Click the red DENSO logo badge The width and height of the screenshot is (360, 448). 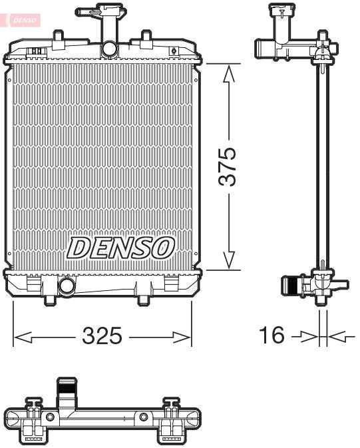[x=24, y=21]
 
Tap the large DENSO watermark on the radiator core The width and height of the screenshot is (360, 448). [x=120, y=248]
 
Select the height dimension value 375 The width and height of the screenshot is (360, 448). [x=228, y=167]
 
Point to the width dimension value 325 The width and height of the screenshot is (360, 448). [x=102, y=337]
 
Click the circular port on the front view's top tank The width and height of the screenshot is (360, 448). [x=108, y=49]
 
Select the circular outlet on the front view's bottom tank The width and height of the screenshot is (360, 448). [x=67, y=287]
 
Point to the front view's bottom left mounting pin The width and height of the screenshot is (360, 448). [x=49, y=300]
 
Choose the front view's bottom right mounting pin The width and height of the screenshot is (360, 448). [x=142, y=300]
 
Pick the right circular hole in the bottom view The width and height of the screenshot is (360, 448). [x=143, y=417]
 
